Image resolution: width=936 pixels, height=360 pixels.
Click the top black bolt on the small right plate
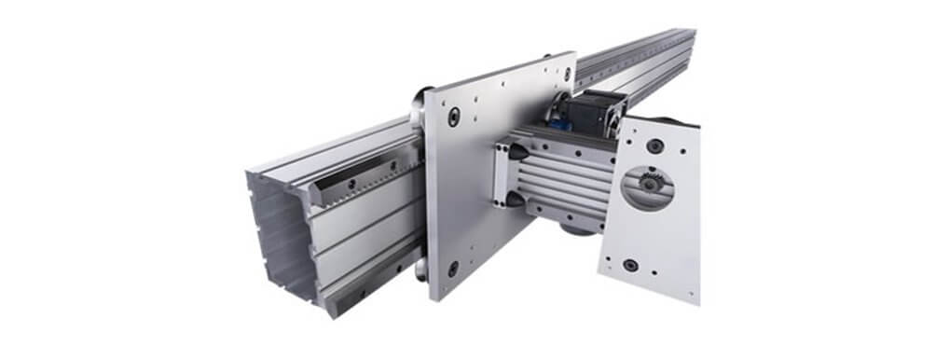pos(655,145)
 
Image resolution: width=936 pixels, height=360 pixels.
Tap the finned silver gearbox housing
pos(559,177)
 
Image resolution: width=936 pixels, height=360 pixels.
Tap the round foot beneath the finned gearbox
pos(577,228)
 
